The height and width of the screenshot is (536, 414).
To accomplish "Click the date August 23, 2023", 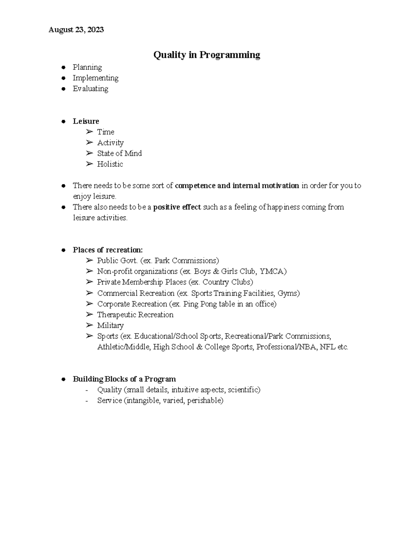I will click(76, 30).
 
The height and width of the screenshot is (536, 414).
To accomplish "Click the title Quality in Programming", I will click(207, 55).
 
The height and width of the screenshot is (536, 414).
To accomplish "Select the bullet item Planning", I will click(87, 67).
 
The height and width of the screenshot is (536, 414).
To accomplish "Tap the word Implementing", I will click(96, 78).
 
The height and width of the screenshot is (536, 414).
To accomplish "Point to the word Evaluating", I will click(90, 89).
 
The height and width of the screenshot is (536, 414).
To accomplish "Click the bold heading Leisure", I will click(86, 121).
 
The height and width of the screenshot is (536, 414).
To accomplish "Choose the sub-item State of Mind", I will click(119, 153).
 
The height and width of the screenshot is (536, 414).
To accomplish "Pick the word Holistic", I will click(110, 164).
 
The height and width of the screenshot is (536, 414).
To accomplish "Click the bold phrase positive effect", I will click(177, 207).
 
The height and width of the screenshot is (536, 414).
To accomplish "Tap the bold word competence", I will click(195, 186).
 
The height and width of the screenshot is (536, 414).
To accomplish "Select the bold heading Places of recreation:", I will click(108, 250).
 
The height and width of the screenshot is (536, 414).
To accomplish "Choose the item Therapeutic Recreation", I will click(135, 315).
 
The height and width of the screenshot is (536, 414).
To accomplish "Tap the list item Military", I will click(110, 325).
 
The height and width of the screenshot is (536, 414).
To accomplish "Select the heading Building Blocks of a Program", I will click(124, 379).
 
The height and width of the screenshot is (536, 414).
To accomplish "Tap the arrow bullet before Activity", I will click(90, 143).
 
